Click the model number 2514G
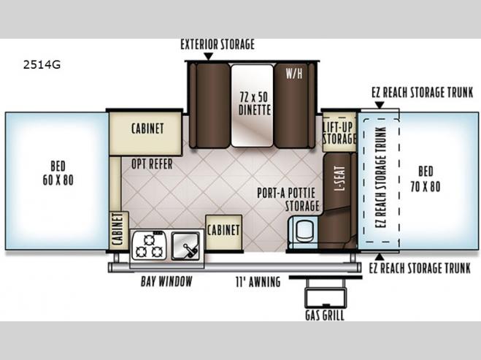(42, 65)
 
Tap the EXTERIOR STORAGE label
(218, 45)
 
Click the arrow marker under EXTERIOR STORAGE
(208, 56)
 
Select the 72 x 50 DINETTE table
(252, 106)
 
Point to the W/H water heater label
(294, 74)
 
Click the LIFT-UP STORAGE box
(339, 132)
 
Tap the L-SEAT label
(340, 179)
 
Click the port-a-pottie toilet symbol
(304, 231)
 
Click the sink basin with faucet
(185, 245)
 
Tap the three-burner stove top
(149, 245)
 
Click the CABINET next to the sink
(223, 232)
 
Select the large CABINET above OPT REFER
(145, 133)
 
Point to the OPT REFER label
(152, 164)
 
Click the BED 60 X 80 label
(58, 173)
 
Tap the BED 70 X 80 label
(426, 179)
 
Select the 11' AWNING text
(258, 282)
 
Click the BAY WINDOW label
(166, 281)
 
